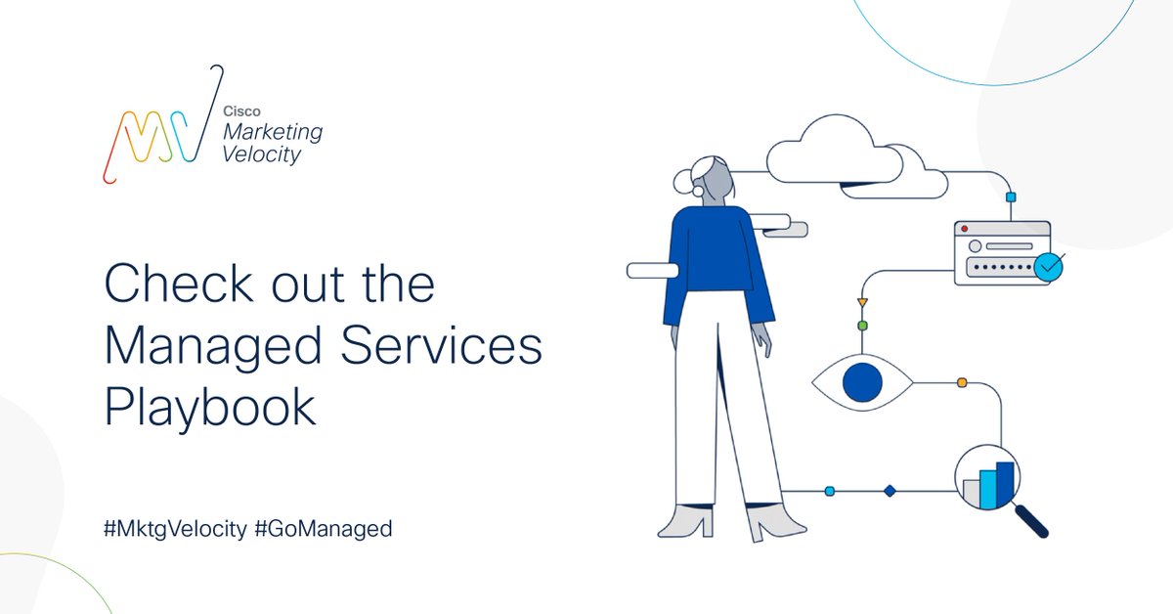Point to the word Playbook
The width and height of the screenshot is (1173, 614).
point(210,409)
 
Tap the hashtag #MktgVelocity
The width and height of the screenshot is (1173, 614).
point(175,529)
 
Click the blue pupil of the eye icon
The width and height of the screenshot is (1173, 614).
point(862,382)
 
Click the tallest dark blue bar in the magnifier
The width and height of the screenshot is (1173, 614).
point(1005,485)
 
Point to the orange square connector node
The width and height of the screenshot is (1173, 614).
point(962,382)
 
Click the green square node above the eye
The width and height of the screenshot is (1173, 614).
point(862,325)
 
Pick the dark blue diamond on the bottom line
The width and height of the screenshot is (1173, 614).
point(890,491)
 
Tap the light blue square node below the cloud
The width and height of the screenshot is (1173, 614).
point(1011,197)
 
